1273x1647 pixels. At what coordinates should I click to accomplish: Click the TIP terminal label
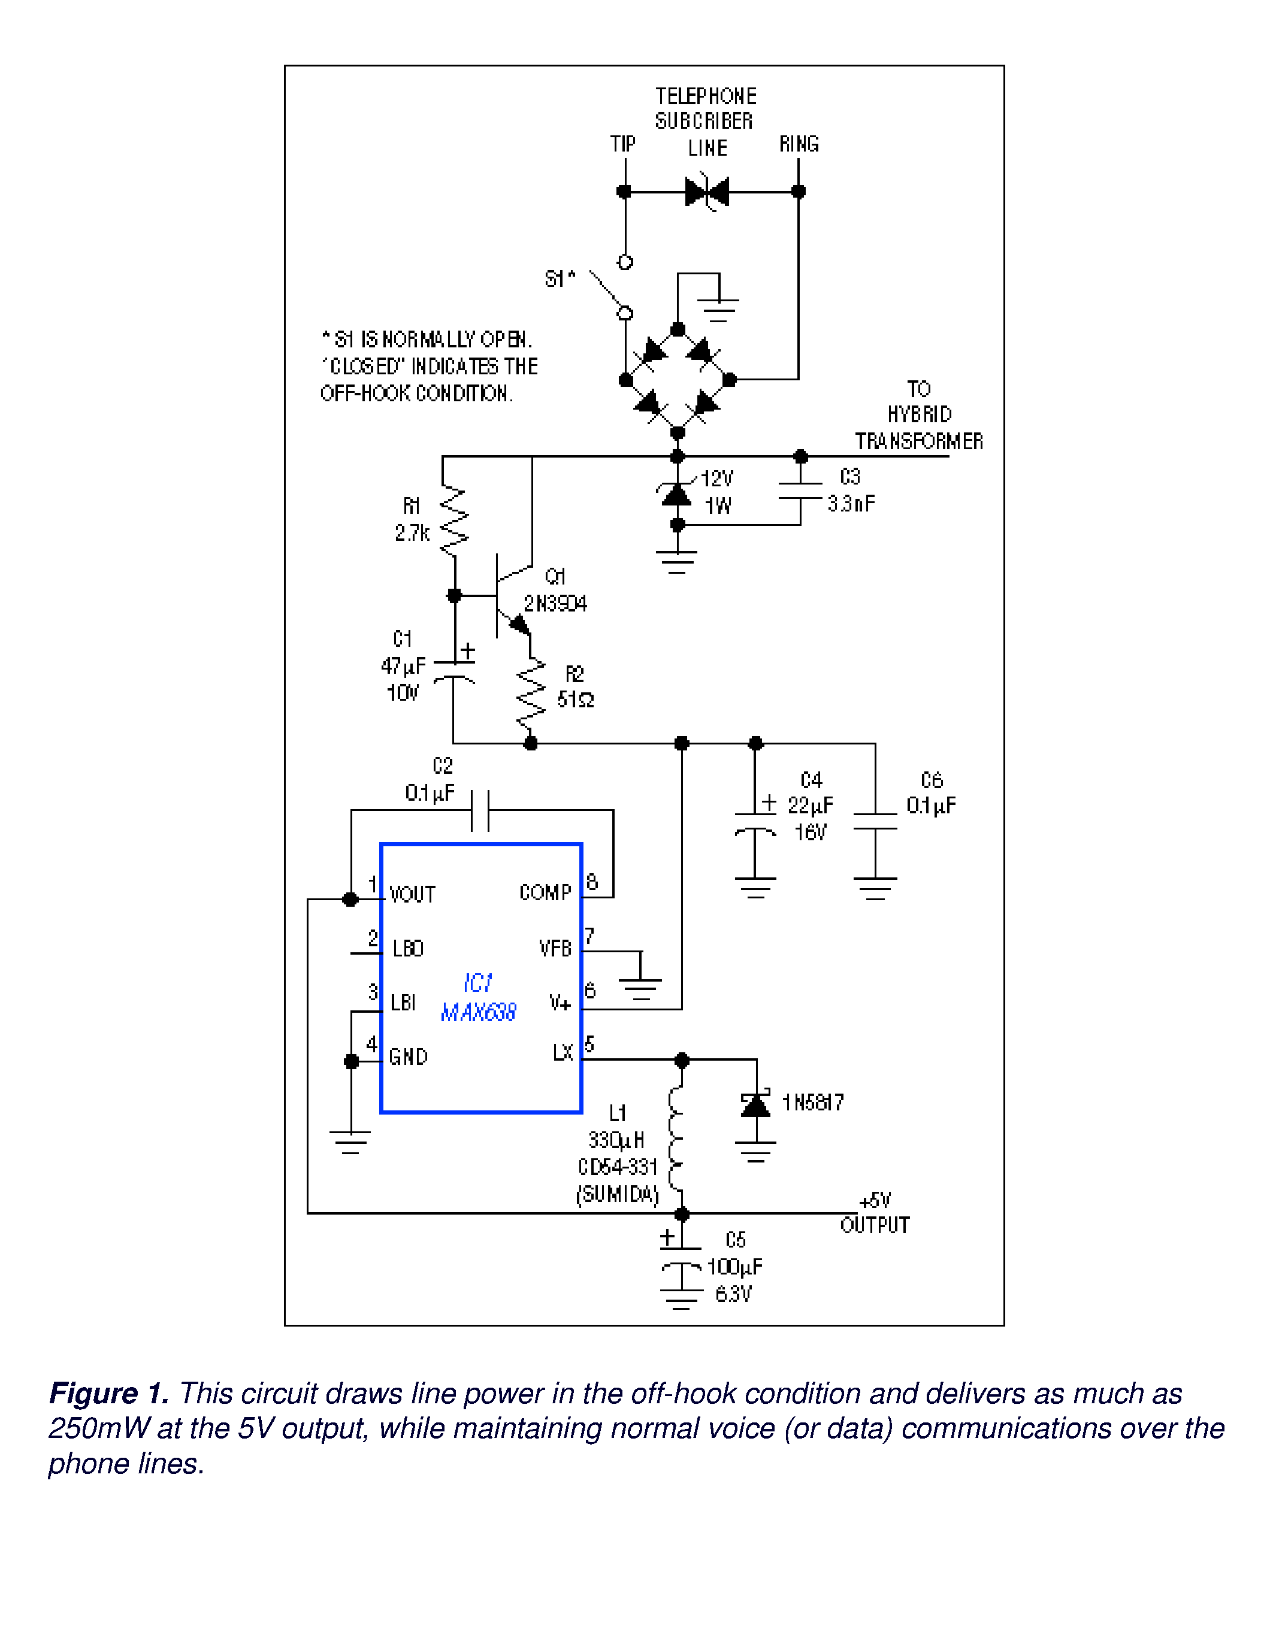pyautogui.click(x=622, y=144)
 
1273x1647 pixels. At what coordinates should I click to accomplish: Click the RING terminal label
pyautogui.click(x=799, y=144)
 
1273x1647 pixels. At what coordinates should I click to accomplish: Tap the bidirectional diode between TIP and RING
pyautogui.click(x=707, y=192)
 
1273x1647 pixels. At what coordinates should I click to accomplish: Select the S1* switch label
pyautogui.click(x=560, y=279)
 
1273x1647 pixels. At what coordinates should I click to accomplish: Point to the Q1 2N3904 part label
pyautogui.click(x=555, y=591)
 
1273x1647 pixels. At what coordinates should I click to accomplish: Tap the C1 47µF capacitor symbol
pyautogui.click(x=454, y=671)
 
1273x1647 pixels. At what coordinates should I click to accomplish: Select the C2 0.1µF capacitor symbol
pyautogui.click(x=480, y=811)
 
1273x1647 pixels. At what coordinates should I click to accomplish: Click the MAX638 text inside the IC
pyautogui.click(x=478, y=1012)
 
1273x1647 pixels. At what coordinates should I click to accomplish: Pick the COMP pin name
pyautogui.click(x=545, y=893)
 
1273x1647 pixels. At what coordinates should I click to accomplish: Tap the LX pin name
pyautogui.click(x=563, y=1053)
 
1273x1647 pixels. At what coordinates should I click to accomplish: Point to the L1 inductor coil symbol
pyautogui.click(x=677, y=1139)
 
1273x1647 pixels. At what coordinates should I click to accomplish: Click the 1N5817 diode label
pyautogui.click(x=813, y=1103)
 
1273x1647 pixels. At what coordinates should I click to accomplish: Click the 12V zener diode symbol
pyautogui.click(x=676, y=495)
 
